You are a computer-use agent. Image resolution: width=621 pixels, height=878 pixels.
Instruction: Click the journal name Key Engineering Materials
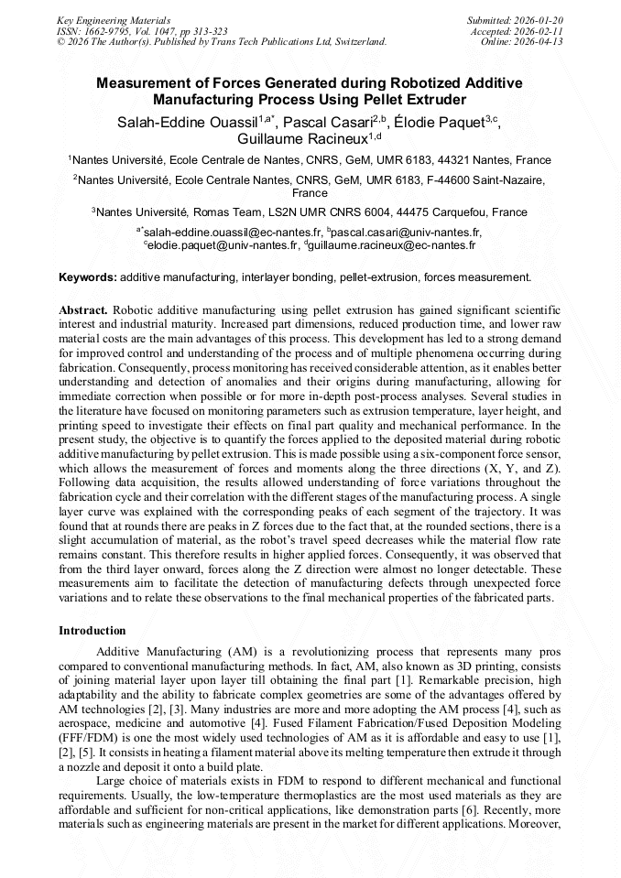point(114,19)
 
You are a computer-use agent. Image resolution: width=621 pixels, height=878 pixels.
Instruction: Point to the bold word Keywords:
point(88,276)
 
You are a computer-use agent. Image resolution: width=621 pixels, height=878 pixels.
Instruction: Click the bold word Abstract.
point(83,310)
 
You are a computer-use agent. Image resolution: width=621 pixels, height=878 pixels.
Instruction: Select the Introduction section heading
point(93,631)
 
